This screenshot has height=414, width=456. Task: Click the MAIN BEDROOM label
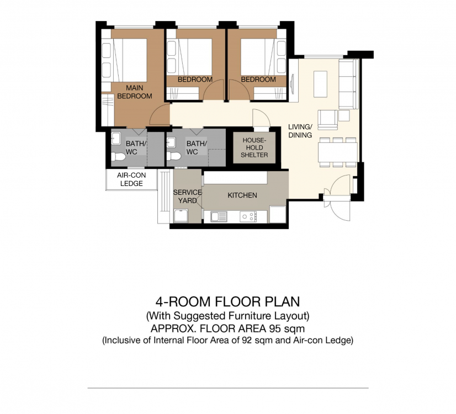coord(135,92)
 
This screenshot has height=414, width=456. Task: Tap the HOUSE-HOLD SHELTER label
coord(254,148)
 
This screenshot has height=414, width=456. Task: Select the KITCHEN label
coord(242,195)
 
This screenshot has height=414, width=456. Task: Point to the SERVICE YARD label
coord(187,197)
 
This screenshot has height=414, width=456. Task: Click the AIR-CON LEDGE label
coord(131,179)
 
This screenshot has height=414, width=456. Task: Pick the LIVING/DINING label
coord(300,131)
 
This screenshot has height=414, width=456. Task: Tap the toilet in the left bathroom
coord(118,157)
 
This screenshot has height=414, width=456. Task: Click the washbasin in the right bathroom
coord(171,142)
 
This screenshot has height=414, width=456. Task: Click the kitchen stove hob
coord(248,216)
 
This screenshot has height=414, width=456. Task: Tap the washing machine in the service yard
coord(181,216)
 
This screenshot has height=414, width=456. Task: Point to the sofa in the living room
coord(349,84)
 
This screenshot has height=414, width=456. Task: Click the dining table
coord(338,152)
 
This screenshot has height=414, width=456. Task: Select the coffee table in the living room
coord(320,84)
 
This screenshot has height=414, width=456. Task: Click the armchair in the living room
coord(328,119)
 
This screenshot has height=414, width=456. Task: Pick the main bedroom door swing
coord(160,115)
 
